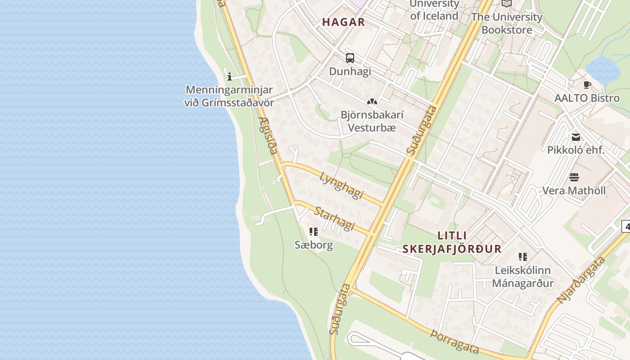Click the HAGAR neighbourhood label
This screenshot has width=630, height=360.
(x=343, y=22)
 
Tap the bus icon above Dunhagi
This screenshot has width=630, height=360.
(x=350, y=58)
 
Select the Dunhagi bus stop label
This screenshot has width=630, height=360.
(x=350, y=71)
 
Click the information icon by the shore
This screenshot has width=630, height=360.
(x=229, y=76)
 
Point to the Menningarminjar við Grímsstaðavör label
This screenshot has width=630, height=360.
(x=229, y=96)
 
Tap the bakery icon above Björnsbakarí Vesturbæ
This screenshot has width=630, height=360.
(x=371, y=102)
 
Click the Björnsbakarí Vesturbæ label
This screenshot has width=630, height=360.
(x=372, y=121)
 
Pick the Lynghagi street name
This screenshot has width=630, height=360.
(x=342, y=185)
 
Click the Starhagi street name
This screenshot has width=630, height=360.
(x=335, y=218)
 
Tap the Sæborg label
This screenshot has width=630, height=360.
(x=314, y=245)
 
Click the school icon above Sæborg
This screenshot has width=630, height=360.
(x=314, y=232)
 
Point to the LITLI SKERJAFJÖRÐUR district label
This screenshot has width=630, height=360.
(x=452, y=242)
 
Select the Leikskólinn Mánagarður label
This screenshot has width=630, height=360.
(x=522, y=277)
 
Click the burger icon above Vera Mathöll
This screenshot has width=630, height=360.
(x=574, y=177)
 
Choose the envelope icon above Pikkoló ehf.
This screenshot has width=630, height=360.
(x=576, y=137)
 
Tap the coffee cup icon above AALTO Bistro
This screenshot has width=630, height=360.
(x=587, y=85)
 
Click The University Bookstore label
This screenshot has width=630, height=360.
(x=507, y=23)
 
